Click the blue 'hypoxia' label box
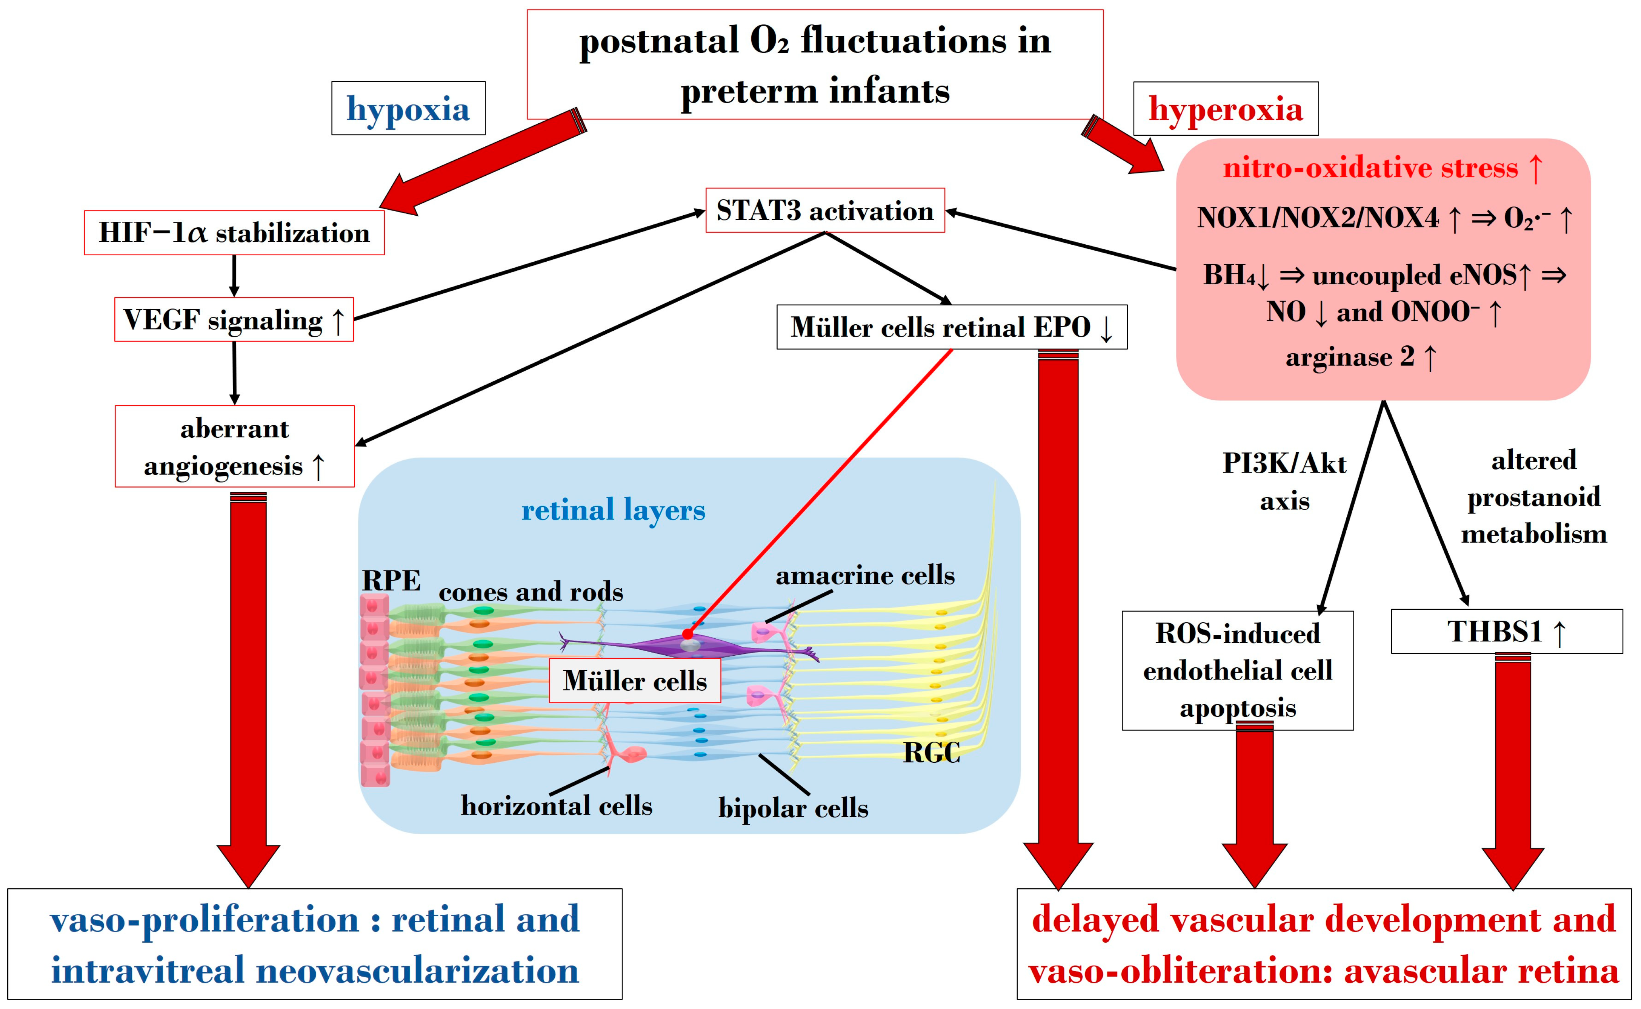pyautogui.click(x=408, y=108)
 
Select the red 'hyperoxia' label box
pyautogui.click(x=1226, y=109)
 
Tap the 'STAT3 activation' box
pyautogui.click(x=825, y=210)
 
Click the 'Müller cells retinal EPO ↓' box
pyautogui.click(x=952, y=327)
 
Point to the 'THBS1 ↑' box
pyautogui.click(x=1507, y=631)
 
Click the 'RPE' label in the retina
pyautogui.click(x=391, y=580)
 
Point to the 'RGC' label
pyautogui.click(x=931, y=753)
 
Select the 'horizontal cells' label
pyautogui.click(x=556, y=805)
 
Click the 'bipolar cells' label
pyautogui.click(x=793, y=808)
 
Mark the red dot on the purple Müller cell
pyautogui.click(x=687, y=634)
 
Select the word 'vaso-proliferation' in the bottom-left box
pyautogui.click(x=204, y=920)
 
